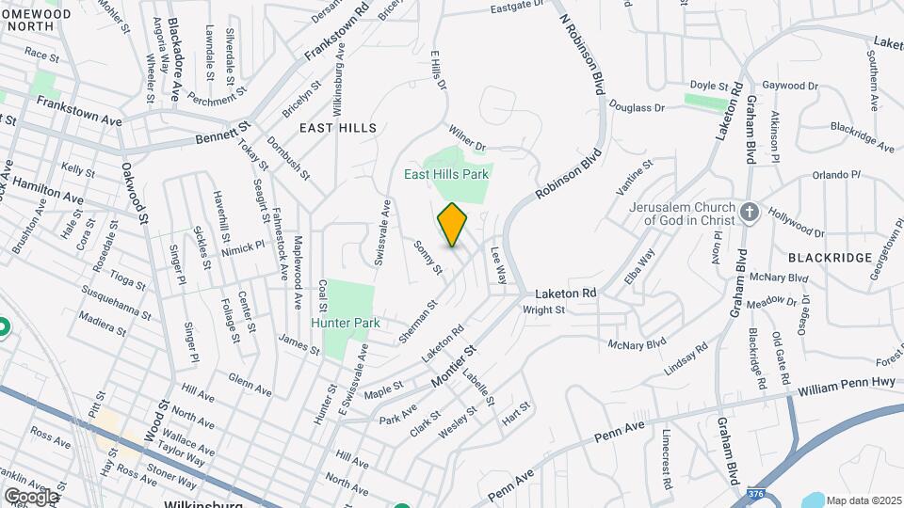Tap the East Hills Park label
click(x=448, y=174)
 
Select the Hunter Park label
click(x=347, y=323)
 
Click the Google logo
click(x=30, y=496)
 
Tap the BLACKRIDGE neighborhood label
click(x=825, y=256)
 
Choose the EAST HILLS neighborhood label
click(x=338, y=127)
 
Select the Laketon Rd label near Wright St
click(x=569, y=294)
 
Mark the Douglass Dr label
click(x=637, y=107)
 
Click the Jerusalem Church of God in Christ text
click(x=691, y=214)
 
